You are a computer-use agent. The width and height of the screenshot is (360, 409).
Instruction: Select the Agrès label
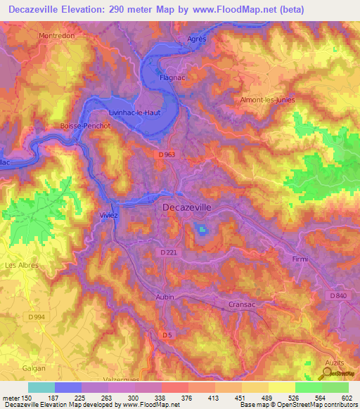pyautogui.click(x=197, y=39)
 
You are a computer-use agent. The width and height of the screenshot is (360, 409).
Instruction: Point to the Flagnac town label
pyautogui.click(x=172, y=79)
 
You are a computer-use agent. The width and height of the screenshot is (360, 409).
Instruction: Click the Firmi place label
pyautogui.click(x=300, y=259)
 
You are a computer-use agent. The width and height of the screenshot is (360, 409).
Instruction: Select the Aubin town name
pyautogui.click(x=164, y=297)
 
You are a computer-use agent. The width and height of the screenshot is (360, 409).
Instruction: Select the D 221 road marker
pyautogui.click(x=169, y=252)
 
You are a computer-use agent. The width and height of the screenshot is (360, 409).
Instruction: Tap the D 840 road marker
pyautogui.click(x=337, y=296)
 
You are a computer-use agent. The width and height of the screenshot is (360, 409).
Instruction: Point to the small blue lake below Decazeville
pyautogui.click(x=202, y=231)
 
